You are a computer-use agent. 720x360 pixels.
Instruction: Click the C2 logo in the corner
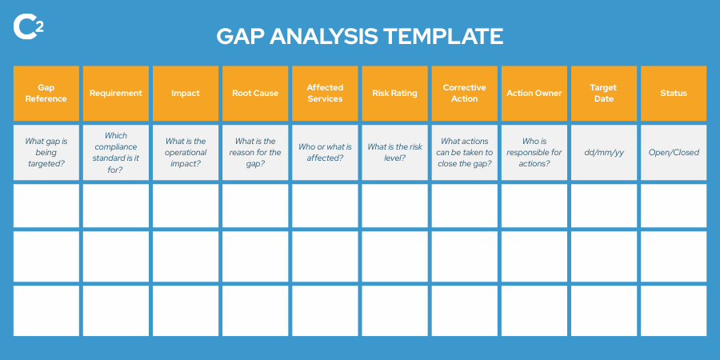[28, 26]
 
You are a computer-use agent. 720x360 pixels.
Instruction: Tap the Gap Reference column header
[46, 93]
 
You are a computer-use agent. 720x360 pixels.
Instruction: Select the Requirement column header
[116, 93]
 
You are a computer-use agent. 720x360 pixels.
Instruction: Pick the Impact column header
[186, 93]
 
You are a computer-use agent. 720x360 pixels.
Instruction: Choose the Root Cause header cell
[255, 93]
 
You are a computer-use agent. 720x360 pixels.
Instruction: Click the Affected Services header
[325, 93]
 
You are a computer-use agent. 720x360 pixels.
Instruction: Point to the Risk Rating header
[394, 93]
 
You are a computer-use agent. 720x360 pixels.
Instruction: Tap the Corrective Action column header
[464, 93]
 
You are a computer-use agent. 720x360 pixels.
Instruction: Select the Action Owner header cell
[534, 93]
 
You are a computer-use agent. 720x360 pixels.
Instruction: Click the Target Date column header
[604, 93]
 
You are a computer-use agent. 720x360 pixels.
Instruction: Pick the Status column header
[674, 93]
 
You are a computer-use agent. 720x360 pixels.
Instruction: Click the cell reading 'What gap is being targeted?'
[46, 152]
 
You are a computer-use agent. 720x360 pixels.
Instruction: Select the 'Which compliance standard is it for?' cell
[116, 152]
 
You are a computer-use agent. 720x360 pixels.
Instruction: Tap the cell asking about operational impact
[186, 152]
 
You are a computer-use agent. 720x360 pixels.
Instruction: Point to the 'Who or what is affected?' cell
[325, 152]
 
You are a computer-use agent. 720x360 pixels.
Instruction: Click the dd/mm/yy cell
[604, 152]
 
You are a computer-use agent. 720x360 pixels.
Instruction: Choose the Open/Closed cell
[674, 152]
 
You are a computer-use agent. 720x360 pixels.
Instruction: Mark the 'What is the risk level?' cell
[394, 152]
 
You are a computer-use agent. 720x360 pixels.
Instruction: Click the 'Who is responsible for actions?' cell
[534, 152]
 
